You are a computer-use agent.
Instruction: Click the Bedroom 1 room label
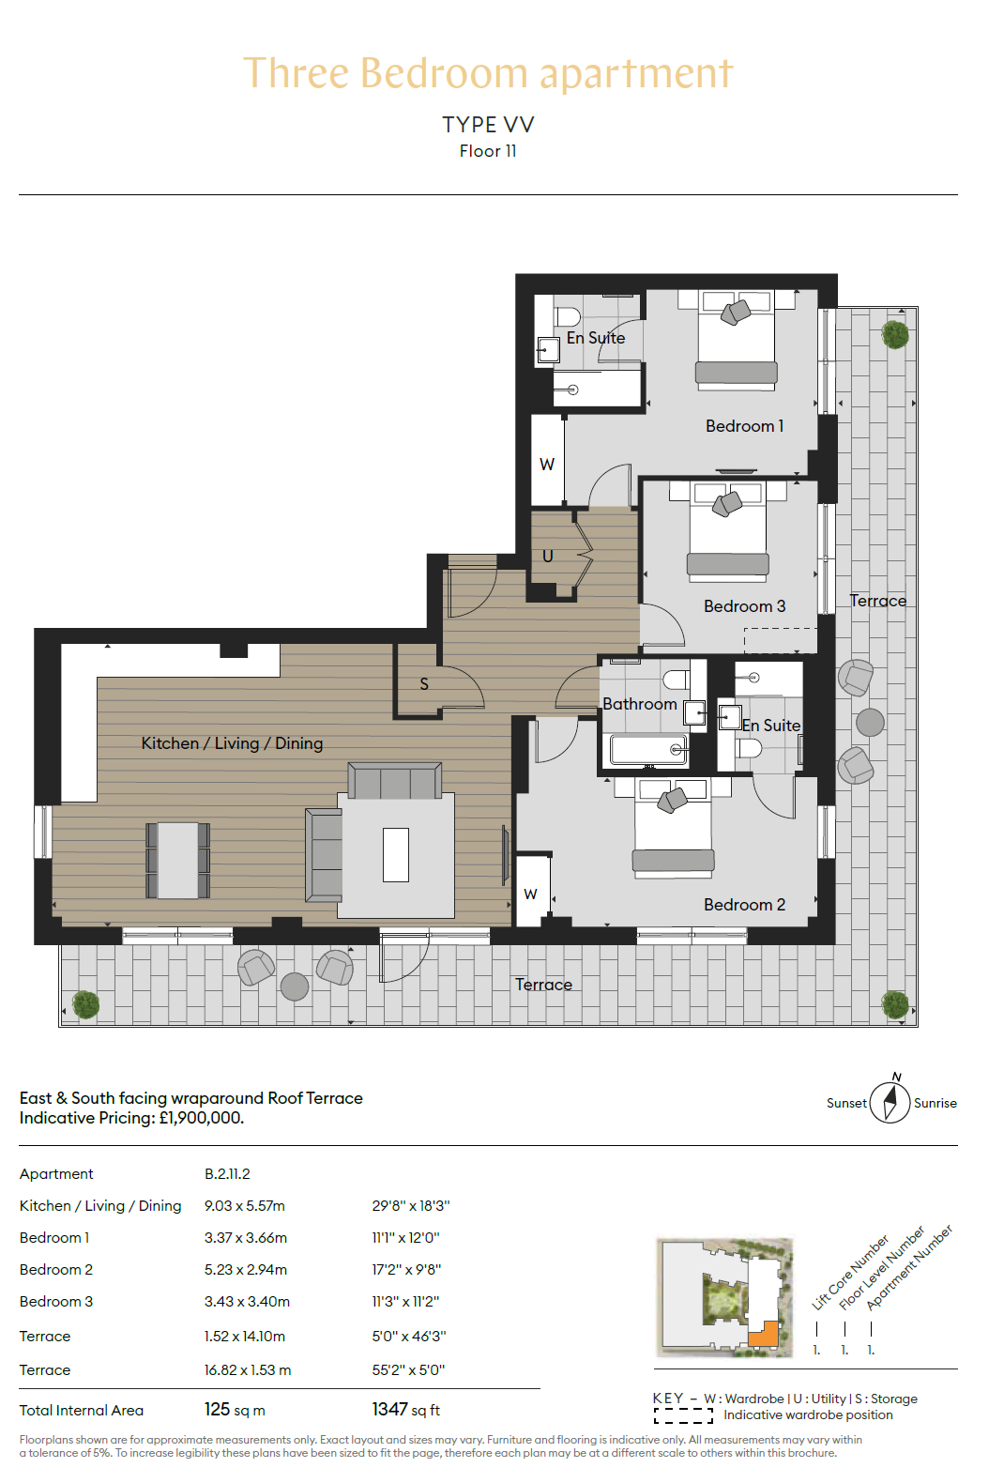click(744, 426)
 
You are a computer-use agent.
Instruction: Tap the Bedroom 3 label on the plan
click(744, 605)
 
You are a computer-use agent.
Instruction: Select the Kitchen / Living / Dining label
click(232, 743)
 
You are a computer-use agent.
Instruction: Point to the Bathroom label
click(639, 704)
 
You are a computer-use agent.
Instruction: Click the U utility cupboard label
click(547, 556)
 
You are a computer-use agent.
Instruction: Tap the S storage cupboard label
click(424, 684)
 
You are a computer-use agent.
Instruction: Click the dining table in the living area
click(177, 860)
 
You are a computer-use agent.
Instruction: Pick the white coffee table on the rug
click(396, 855)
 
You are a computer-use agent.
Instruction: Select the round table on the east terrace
click(870, 723)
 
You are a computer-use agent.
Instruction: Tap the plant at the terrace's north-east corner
click(895, 334)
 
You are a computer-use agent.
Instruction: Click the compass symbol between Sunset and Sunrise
click(890, 1102)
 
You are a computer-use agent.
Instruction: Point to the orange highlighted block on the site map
click(765, 1334)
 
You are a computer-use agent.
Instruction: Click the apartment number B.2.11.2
click(227, 1174)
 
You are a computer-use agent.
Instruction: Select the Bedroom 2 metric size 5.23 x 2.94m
click(246, 1269)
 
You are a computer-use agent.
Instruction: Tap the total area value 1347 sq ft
click(405, 1410)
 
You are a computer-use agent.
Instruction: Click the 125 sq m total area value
click(235, 1410)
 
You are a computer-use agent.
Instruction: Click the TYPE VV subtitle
click(489, 125)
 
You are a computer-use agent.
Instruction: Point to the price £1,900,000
click(201, 1118)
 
